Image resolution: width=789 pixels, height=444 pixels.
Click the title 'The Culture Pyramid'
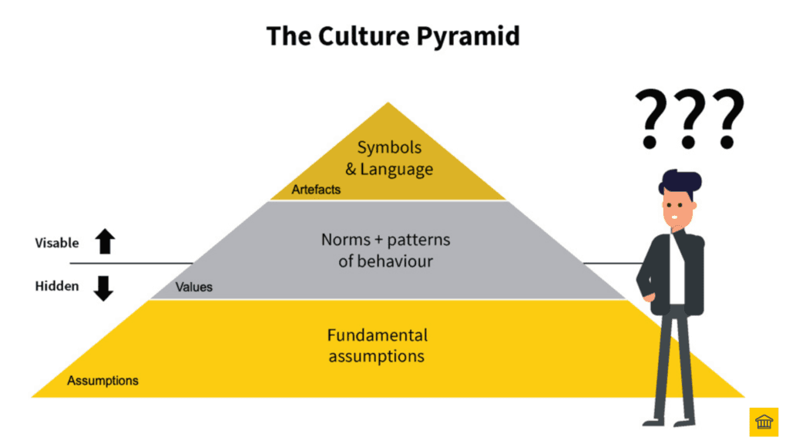393,36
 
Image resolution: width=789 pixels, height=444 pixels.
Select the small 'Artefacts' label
316,189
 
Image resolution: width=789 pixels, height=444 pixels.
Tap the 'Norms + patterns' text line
385,240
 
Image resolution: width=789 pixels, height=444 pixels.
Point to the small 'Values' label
194,288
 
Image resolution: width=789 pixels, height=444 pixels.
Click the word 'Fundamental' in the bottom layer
377,335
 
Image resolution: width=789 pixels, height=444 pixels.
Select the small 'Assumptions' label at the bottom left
102,381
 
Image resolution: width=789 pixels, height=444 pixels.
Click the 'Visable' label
57,243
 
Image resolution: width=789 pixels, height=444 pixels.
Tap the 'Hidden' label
57,286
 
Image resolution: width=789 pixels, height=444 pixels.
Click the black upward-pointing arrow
105,242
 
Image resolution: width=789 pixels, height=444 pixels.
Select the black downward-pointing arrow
103,288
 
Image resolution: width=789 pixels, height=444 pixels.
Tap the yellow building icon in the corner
764,422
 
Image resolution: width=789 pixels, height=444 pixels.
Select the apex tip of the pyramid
388,104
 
